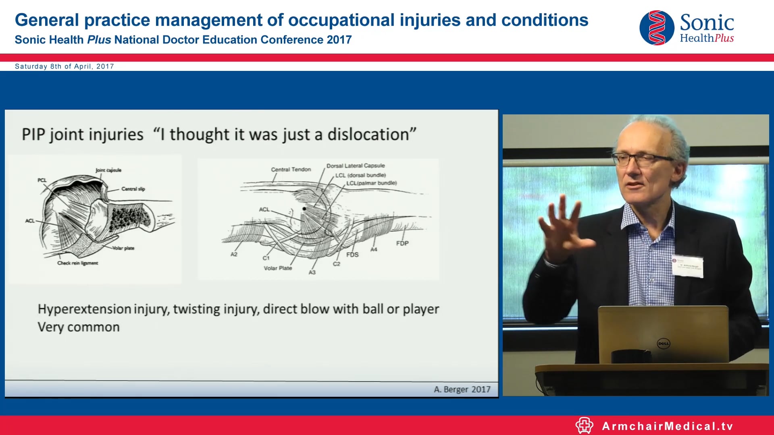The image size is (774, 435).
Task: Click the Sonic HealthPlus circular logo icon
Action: coord(657,28)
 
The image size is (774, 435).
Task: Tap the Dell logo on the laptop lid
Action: coord(663,344)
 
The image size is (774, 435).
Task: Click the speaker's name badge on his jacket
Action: coord(688,266)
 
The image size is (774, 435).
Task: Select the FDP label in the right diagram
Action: coord(402,243)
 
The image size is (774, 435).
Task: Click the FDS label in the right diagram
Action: coord(352,255)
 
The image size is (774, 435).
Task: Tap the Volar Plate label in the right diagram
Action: coord(278,268)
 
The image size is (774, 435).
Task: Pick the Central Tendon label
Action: coord(291,170)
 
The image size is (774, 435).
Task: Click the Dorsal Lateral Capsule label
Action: coord(355,166)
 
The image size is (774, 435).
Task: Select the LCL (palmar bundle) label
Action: coord(371,183)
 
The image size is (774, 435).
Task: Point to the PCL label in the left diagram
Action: coord(42,180)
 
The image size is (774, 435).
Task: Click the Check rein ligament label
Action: coord(77,263)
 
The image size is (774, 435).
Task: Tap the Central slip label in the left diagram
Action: coord(133,189)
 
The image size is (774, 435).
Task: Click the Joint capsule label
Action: coord(108,170)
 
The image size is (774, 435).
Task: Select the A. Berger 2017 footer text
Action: coord(462,389)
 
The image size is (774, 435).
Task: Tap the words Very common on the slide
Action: coord(79,327)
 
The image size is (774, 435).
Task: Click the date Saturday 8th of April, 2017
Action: coord(64,66)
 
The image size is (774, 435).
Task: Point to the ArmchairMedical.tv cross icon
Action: coord(584,426)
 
